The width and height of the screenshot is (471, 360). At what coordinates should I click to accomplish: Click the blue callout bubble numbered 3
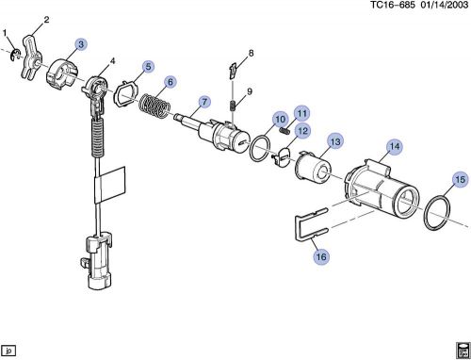tap(81, 44)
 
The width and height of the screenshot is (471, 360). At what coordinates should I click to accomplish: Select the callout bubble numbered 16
tap(321, 256)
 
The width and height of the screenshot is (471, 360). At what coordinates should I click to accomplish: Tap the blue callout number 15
tap(460, 179)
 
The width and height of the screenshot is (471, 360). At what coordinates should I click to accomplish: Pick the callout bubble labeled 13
tap(335, 141)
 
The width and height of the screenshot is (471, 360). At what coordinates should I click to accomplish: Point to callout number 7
tap(204, 102)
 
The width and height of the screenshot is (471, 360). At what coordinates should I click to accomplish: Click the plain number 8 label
tap(251, 53)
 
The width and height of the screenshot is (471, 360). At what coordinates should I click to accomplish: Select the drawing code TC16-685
tap(393, 5)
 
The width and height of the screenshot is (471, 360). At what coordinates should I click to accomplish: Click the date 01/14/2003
tap(445, 5)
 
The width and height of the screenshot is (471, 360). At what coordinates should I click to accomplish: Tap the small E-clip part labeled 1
tap(15, 56)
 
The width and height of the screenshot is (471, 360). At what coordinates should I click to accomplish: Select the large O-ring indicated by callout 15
tap(437, 213)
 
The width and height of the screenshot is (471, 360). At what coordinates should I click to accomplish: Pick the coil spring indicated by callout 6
tap(154, 106)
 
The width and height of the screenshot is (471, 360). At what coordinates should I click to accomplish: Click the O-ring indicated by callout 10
tap(260, 148)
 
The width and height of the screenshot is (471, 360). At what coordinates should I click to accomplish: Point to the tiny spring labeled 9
tap(233, 105)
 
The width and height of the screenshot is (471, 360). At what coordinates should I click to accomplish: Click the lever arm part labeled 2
tap(31, 57)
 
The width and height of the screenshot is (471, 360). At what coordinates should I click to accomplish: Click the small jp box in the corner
tap(8, 351)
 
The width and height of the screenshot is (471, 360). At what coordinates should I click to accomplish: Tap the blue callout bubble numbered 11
tap(301, 113)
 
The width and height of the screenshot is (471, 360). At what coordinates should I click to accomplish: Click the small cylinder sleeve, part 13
tap(313, 168)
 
